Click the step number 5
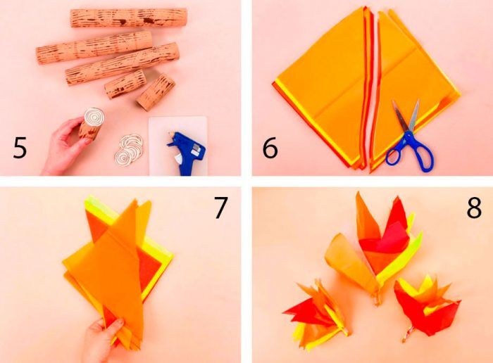tap(20, 148)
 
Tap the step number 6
tap(270, 148)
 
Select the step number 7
tap(220, 208)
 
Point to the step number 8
tap(474, 208)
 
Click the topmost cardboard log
tap(129, 18)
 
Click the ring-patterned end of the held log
tap(94, 117)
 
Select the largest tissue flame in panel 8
tap(374, 248)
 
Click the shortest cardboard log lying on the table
tap(156, 92)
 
